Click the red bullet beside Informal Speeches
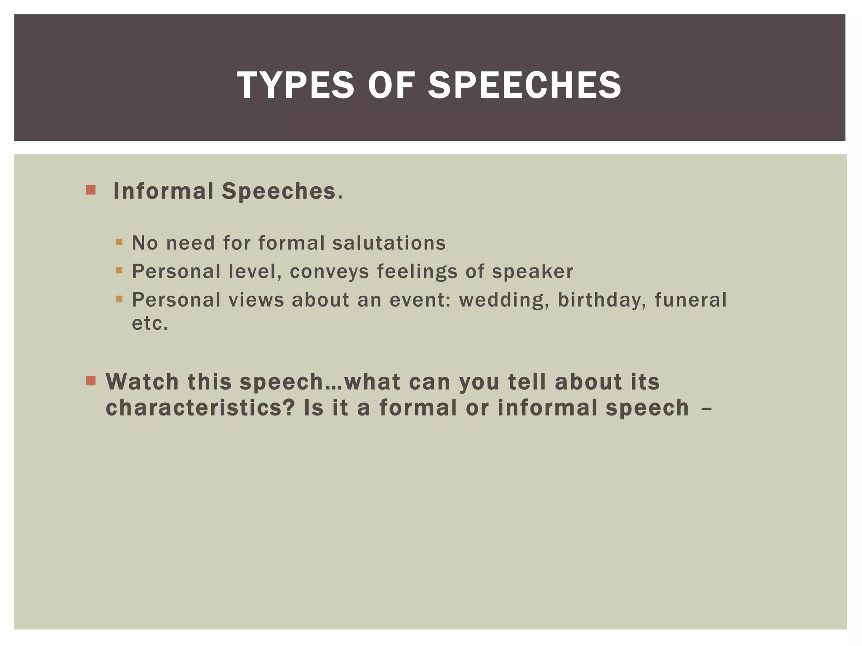[x=90, y=190]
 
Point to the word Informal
[x=163, y=191]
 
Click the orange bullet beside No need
[x=119, y=242]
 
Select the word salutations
[x=389, y=243]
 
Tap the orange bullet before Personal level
[x=119, y=270]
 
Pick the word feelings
[x=417, y=272]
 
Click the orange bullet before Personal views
[x=119, y=299]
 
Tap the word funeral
[x=691, y=300]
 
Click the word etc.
[x=150, y=323]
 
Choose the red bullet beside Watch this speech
[x=90, y=381]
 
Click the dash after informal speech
[x=707, y=408]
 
